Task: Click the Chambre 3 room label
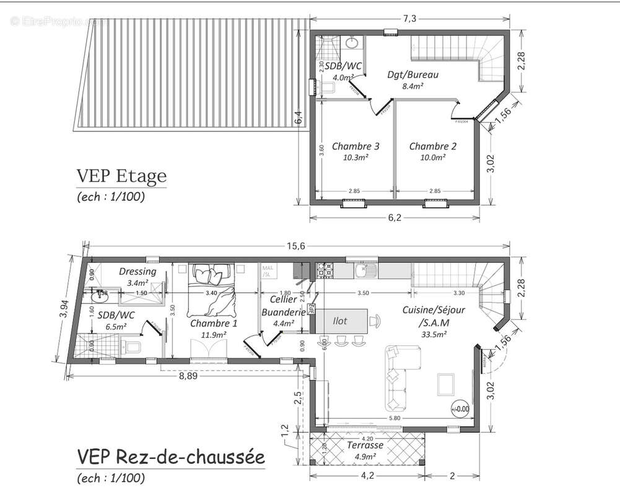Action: [356, 146]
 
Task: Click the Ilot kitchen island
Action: [341, 321]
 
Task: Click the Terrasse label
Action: [365, 445]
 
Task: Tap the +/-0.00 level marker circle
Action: [460, 409]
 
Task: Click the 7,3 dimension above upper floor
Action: [409, 19]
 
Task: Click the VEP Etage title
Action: [121, 176]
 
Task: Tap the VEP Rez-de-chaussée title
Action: [170, 458]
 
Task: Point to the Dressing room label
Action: [138, 272]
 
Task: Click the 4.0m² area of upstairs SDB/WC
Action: [343, 77]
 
